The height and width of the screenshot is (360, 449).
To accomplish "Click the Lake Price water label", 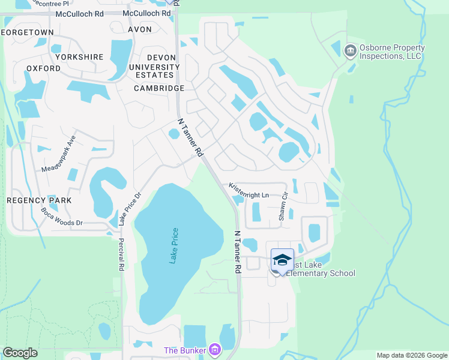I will click(x=173, y=245).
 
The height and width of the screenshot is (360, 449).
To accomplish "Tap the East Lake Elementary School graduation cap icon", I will click(x=282, y=260).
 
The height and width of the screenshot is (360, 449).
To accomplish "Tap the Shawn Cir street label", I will click(x=283, y=206).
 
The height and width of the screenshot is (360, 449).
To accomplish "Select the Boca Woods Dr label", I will click(x=61, y=217).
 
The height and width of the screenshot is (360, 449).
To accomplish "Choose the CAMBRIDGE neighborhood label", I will click(x=159, y=88).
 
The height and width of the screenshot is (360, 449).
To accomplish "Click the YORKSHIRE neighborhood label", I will click(x=79, y=57).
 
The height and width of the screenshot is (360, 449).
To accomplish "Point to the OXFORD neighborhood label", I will click(x=43, y=68).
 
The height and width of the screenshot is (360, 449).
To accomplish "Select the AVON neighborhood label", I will click(x=141, y=29).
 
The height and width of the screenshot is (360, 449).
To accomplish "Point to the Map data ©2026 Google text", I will click(x=412, y=355).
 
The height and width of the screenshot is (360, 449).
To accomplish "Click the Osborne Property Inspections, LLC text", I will click(x=392, y=52).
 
